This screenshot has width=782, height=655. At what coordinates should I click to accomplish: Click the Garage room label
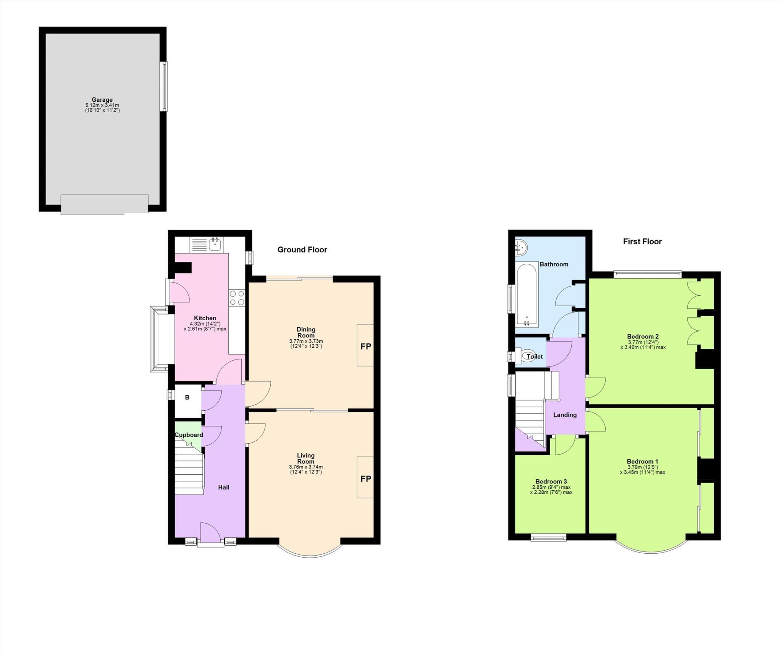point(102,100)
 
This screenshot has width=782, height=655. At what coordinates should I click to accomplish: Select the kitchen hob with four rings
point(237,298)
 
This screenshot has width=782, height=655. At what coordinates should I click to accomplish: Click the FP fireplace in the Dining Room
point(365,346)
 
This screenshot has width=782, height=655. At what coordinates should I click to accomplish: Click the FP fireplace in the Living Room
point(365,478)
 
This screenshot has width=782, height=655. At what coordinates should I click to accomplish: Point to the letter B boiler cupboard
point(187,397)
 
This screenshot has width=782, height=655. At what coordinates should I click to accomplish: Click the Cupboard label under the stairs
point(189,435)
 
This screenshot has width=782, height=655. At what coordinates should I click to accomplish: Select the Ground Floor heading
point(302,250)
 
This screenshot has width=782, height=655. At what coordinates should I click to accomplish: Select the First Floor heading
point(642,242)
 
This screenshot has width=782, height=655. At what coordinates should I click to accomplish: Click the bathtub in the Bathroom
point(527,294)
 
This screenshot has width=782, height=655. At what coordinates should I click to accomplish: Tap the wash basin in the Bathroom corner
point(520,248)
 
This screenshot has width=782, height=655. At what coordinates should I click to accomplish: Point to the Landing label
point(565,415)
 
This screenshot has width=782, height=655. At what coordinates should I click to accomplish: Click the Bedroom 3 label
point(551,482)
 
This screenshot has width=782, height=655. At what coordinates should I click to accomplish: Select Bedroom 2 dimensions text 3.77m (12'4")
point(643,342)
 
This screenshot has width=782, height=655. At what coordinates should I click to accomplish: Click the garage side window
point(164,86)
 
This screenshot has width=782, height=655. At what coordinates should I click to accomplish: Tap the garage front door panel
point(104,204)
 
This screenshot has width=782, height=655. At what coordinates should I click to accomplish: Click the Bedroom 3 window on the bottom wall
point(549,538)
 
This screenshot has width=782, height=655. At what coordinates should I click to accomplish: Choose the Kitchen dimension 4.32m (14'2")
point(205,324)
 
